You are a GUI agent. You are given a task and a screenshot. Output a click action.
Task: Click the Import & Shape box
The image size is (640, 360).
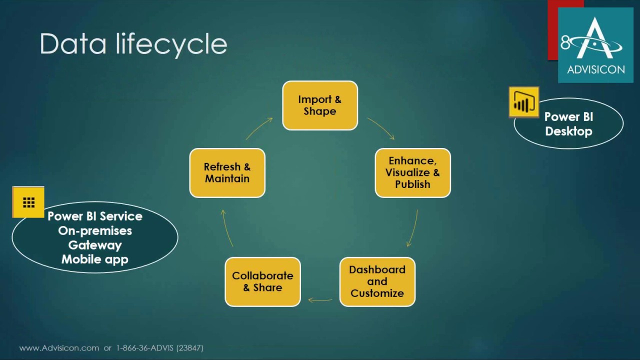(x=320, y=105)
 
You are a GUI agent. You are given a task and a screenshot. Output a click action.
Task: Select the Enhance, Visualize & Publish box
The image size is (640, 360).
(x=413, y=173)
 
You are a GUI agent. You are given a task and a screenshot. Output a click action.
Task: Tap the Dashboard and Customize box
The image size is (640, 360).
(x=377, y=281)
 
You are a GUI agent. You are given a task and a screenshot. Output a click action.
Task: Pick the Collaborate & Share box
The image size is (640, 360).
(x=263, y=281)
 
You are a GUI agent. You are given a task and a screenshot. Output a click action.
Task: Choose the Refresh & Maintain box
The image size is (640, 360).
(x=227, y=173)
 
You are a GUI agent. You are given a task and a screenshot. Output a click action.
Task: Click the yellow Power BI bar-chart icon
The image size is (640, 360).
(x=524, y=102)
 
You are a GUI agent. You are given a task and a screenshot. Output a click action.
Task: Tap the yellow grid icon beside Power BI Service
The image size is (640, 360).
(x=28, y=202)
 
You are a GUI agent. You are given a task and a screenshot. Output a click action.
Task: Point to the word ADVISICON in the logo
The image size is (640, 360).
(x=596, y=69)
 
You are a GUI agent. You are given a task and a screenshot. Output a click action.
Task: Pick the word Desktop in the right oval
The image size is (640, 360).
(x=568, y=131)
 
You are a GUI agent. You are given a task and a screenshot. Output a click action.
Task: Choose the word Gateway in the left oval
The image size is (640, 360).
(x=95, y=245)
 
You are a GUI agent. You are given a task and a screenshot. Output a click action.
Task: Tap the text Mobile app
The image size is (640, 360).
(x=95, y=259)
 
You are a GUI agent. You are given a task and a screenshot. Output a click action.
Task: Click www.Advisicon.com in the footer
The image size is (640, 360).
(x=59, y=348)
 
